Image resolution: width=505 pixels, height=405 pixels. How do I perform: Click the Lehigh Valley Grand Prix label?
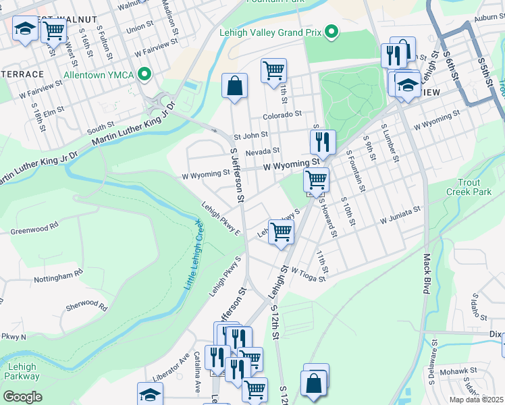point(270,32)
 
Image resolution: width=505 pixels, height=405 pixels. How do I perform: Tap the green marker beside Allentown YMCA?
point(144,74)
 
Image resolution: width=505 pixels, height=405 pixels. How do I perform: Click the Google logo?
point(22,396)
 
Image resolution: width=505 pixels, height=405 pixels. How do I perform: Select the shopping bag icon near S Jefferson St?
point(234,86)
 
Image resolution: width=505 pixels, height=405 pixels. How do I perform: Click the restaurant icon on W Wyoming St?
point(323,142)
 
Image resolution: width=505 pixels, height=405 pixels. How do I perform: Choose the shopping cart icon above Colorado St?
point(273,70)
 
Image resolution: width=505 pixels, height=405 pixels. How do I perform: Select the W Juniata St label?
point(400,215)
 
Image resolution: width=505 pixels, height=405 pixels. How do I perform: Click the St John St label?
point(250,135)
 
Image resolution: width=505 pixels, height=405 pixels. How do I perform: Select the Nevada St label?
point(262,152)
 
